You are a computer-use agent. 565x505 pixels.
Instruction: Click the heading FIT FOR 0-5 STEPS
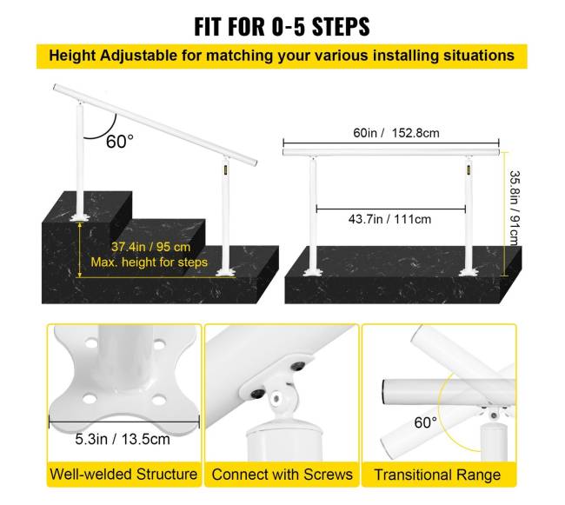tap(282, 26)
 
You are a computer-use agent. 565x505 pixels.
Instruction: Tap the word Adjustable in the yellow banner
tap(138, 56)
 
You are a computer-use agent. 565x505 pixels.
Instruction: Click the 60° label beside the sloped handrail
tap(120, 142)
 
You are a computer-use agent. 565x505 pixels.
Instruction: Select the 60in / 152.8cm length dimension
tap(396, 133)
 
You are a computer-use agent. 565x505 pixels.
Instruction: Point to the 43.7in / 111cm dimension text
tap(389, 219)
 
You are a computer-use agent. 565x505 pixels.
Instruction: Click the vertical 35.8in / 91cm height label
tap(515, 208)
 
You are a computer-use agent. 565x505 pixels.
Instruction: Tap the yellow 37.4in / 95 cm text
tap(150, 247)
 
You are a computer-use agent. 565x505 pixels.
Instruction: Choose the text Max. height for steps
tap(150, 262)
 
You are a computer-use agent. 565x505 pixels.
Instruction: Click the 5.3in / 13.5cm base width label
tap(123, 439)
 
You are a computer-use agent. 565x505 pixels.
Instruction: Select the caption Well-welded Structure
tap(123, 474)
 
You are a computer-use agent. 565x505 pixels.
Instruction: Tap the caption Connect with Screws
tap(282, 475)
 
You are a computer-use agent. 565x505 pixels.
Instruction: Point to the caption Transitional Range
tap(437, 475)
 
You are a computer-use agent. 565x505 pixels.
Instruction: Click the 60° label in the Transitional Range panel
tap(426, 422)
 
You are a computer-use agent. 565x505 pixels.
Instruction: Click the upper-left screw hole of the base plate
tap(91, 342)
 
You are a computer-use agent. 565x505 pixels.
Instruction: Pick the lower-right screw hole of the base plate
tap(158, 399)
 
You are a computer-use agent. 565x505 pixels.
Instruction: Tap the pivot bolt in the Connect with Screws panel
tap(276, 398)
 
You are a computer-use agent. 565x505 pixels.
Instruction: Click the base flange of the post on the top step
tap(80, 218)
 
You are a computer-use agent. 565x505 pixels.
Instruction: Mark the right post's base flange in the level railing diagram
tap(469, 273)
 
